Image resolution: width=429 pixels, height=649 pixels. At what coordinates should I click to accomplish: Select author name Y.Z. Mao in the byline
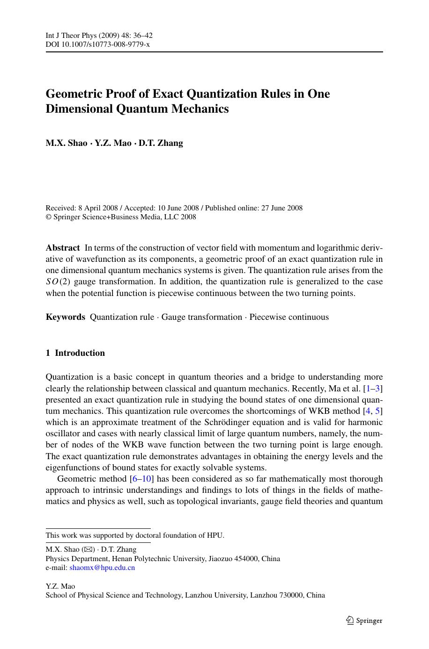[x=113, y=143]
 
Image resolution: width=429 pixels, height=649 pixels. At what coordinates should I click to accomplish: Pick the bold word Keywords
[x=66, y=317]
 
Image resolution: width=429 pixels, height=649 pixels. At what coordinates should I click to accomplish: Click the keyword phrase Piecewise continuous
[x=289, y=317]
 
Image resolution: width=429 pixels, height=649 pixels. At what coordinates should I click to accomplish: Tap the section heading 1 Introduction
[x=75, y=353]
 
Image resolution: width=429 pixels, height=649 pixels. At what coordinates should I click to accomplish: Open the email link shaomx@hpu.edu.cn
[x=102, y=568]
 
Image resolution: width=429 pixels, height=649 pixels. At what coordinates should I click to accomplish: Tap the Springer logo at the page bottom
[x=364, y=620]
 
